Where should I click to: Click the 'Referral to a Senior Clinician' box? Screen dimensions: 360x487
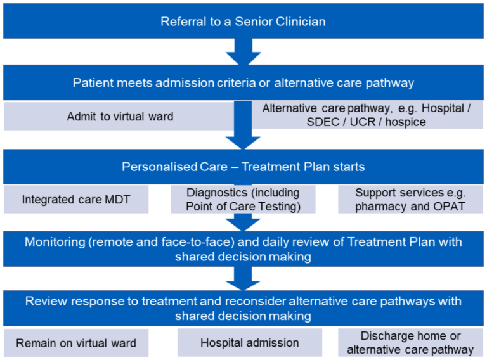click(243, 22)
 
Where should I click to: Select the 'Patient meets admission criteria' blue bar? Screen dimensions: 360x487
click(243, 83)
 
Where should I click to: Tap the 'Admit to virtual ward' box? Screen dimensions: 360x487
click(120, 116)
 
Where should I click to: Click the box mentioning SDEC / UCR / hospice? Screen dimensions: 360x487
click(367, 115)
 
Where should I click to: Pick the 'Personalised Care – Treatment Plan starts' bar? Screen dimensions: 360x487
click(243, 167)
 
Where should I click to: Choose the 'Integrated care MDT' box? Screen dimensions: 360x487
click(76, 200)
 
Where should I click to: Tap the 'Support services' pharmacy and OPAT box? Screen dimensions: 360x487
click(410, 200)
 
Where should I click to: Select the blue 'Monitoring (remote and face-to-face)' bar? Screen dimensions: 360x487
click(243, 249)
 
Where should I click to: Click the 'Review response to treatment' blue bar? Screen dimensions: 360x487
click(243, 307)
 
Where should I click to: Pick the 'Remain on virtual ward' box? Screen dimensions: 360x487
click(76, 343)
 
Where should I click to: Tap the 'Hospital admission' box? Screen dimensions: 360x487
click(249, 343)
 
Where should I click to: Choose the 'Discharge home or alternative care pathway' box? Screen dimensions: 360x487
click(410, 343)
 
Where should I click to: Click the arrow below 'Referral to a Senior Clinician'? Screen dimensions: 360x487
click(243, 52)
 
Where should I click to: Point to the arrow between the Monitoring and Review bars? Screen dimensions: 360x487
click(243, 278)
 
